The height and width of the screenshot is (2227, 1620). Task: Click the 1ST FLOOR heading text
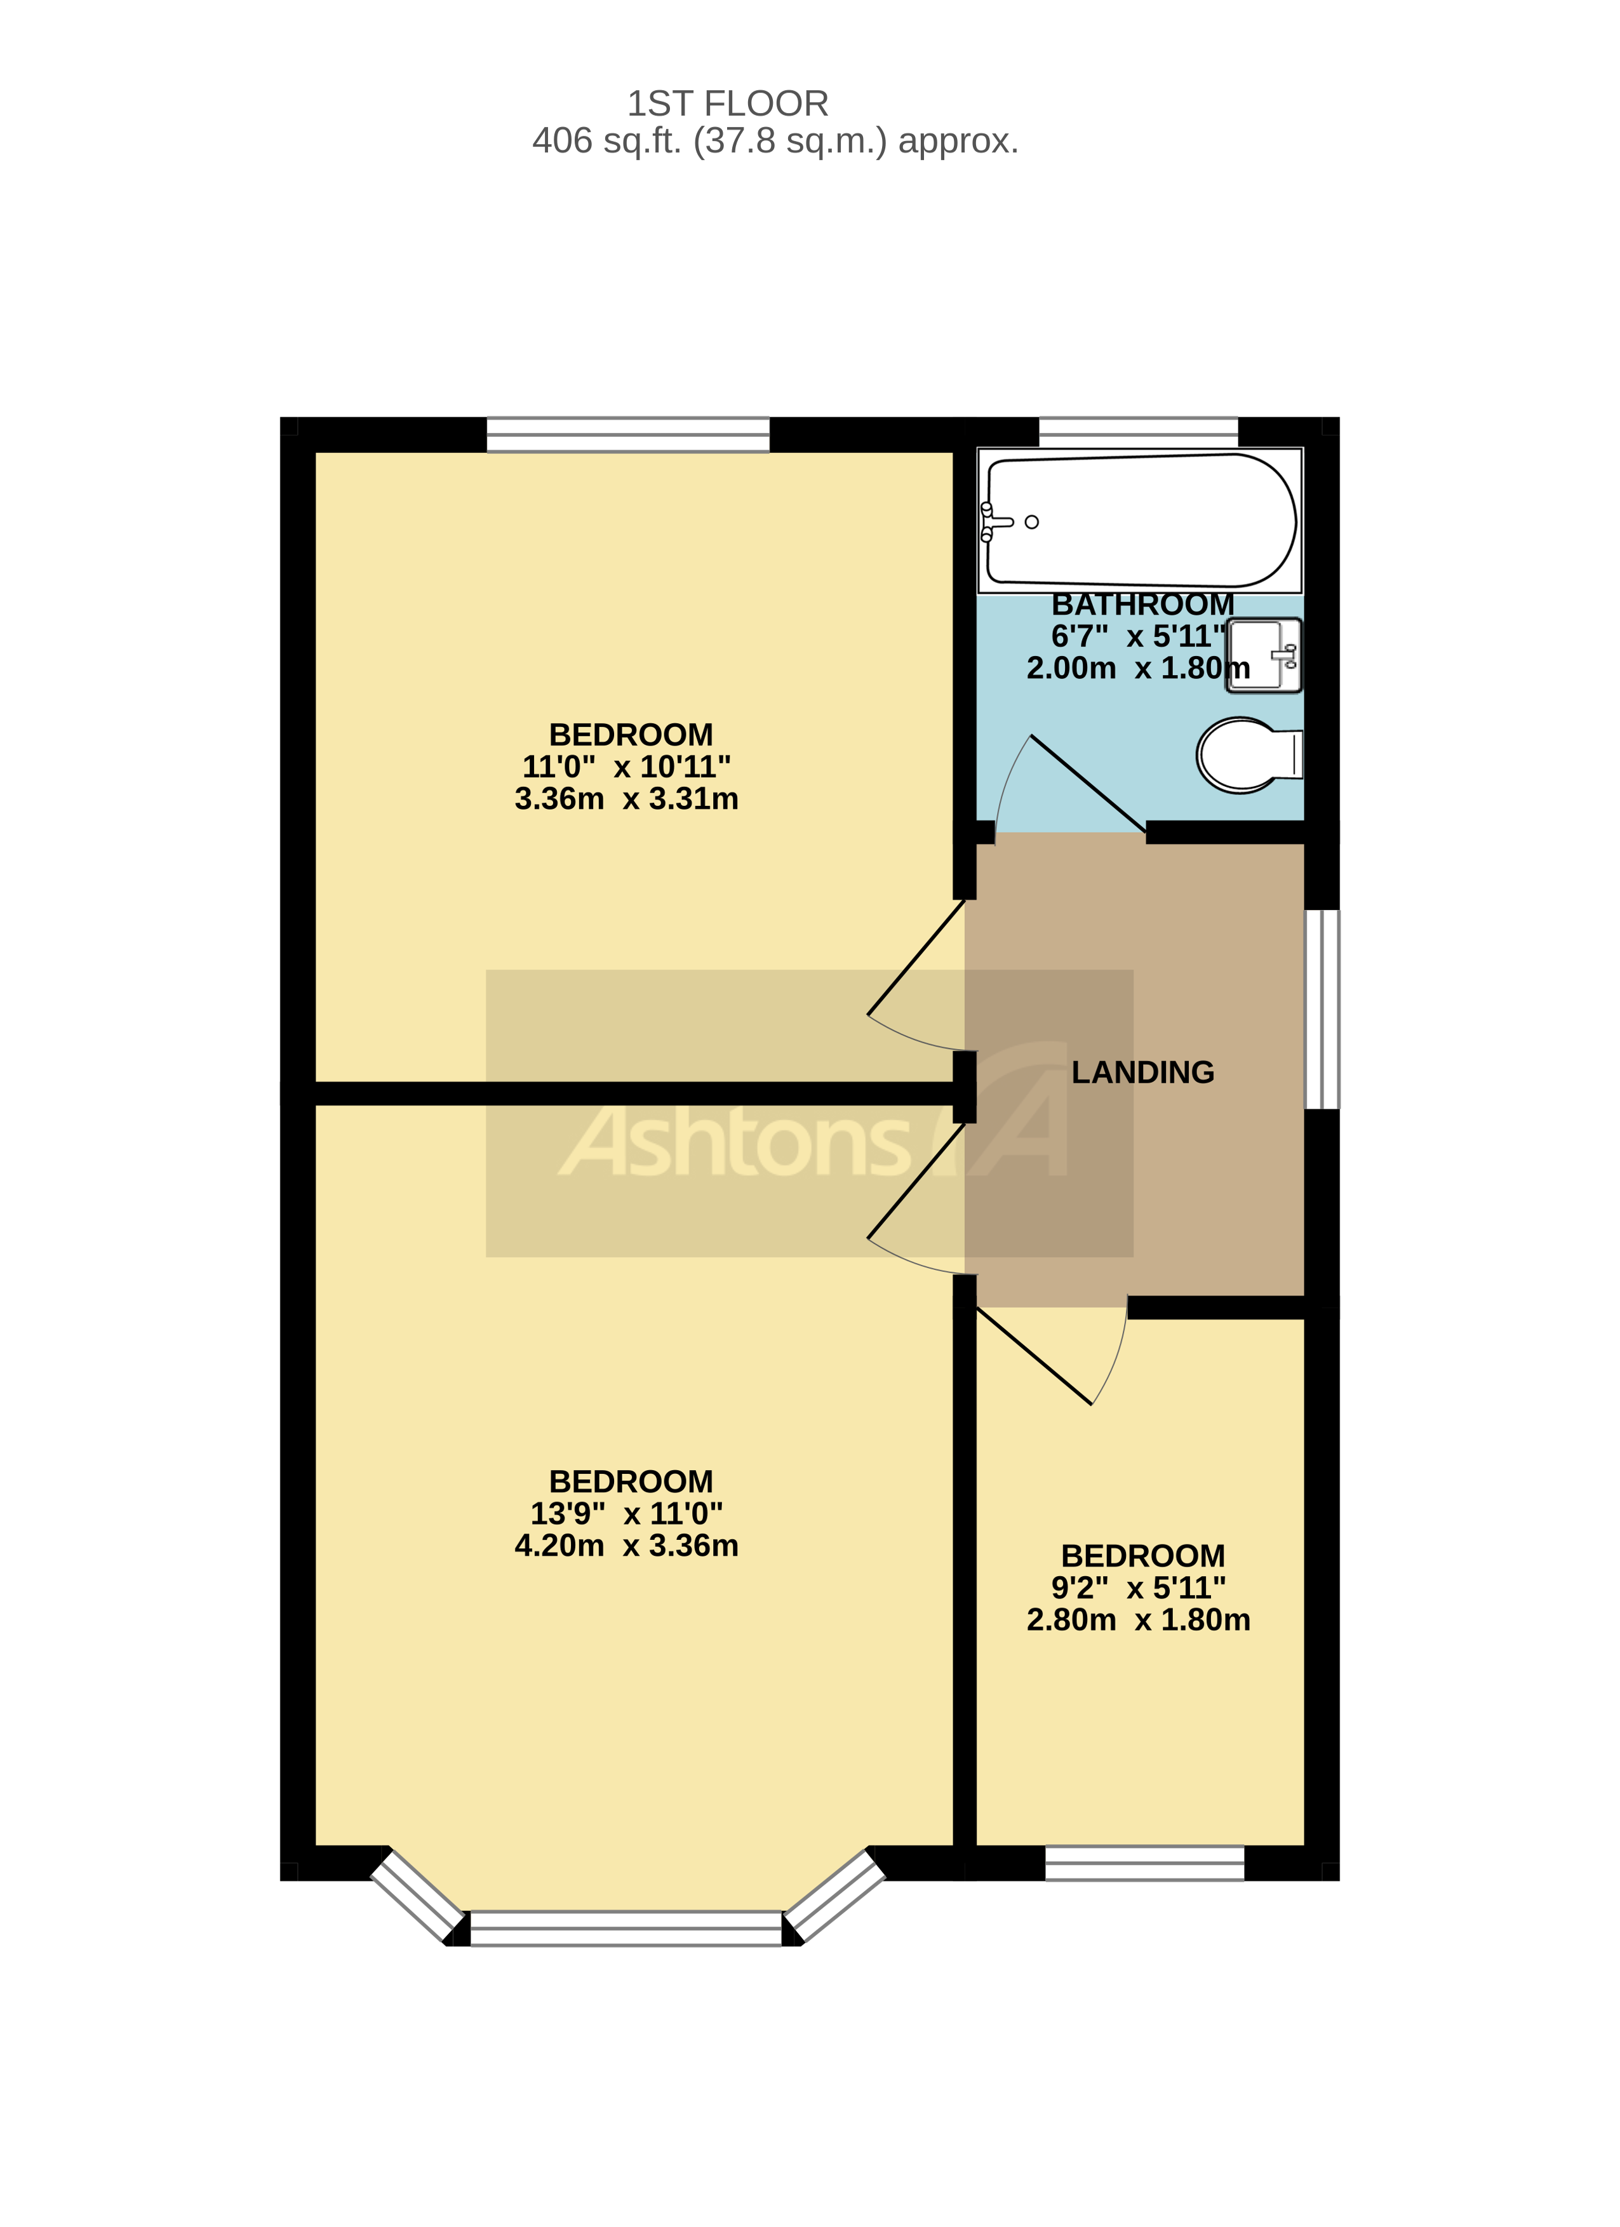tap(728, 103)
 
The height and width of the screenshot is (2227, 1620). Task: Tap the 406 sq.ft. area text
tap(775, 142)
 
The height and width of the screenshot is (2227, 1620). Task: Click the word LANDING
tap(1142, 1073)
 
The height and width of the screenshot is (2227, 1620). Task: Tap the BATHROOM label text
tap(1142, 604)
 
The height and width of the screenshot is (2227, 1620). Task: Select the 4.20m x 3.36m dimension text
tap(626, 1546)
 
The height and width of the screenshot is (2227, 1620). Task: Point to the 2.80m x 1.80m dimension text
tap(1138, 1620)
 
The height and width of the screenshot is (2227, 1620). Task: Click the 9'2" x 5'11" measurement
tap(1138, 1588)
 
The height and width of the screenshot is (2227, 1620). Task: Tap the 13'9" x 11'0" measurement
tap(626, 1513)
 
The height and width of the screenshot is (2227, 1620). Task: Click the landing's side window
tap(1322, 1008)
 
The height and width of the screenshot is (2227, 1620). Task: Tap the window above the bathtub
tap(1138, 432)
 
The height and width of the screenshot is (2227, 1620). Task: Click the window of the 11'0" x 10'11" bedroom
tap(628, 434)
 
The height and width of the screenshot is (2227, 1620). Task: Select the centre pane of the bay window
tap(626, 1927)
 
